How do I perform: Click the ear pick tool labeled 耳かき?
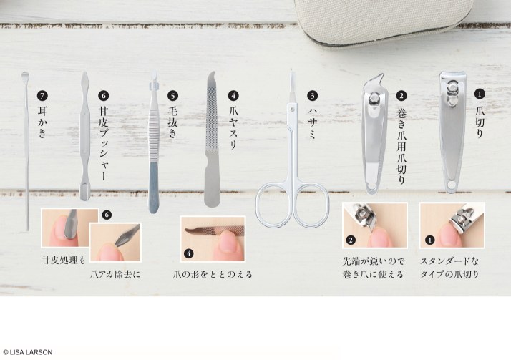(26, 143)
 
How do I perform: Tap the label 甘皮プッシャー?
(104, 144)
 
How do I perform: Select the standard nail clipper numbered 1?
(452, 132)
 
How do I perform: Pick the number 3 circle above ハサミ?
(312, 94)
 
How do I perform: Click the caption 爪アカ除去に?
(115, 273)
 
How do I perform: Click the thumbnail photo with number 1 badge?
(452, 225)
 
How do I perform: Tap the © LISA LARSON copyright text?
(28, 352)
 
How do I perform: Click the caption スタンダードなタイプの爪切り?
(452, 266)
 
